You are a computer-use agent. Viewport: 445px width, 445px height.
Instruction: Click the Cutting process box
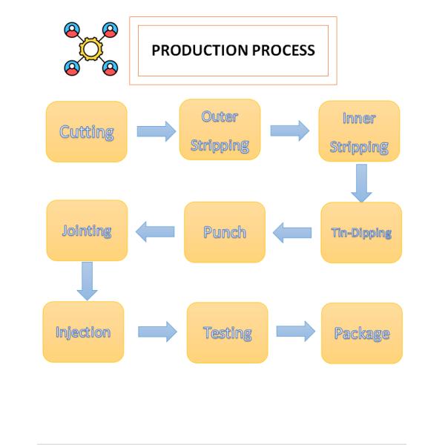(x=87, y=132)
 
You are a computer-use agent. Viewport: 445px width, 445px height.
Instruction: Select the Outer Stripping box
(x=220, y=129)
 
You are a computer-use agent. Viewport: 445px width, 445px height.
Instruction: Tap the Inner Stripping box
(x=359, y=131)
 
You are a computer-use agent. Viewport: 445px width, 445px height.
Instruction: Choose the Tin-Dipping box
(x=361, y=232)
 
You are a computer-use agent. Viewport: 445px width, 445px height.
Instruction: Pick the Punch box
(x=225, y=232)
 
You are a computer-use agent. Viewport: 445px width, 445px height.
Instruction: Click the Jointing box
(x=87, y=231)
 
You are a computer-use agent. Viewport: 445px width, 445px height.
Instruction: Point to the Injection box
(x=83, y=332)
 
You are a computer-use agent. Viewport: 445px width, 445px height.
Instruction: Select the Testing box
(x=228, y=332)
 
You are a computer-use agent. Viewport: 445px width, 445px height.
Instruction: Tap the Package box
(x=362, y=333)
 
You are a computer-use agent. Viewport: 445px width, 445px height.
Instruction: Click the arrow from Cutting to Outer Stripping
(x=156, y=131)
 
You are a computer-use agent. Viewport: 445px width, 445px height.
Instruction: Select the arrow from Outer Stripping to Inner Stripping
(x=290, y=131)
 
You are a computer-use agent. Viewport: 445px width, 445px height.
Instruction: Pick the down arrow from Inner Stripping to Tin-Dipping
(x=361, y=183)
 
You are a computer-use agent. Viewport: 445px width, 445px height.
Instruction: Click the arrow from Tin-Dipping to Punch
(x=292, y=233)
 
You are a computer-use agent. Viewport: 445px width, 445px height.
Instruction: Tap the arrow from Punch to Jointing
(x=155, y=231)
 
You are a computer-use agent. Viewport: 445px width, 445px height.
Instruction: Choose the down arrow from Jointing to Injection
(x=87, y=281)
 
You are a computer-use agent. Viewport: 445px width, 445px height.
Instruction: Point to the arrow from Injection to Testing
(x=157, y=332)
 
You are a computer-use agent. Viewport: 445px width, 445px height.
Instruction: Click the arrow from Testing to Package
(x=296, y=332)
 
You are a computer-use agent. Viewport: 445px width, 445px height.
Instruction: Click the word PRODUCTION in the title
(x=200, y=50)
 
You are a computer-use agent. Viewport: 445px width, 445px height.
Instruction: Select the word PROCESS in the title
(x=283, y=50)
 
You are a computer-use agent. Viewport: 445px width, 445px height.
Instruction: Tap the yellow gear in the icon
(x=90, y=49)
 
